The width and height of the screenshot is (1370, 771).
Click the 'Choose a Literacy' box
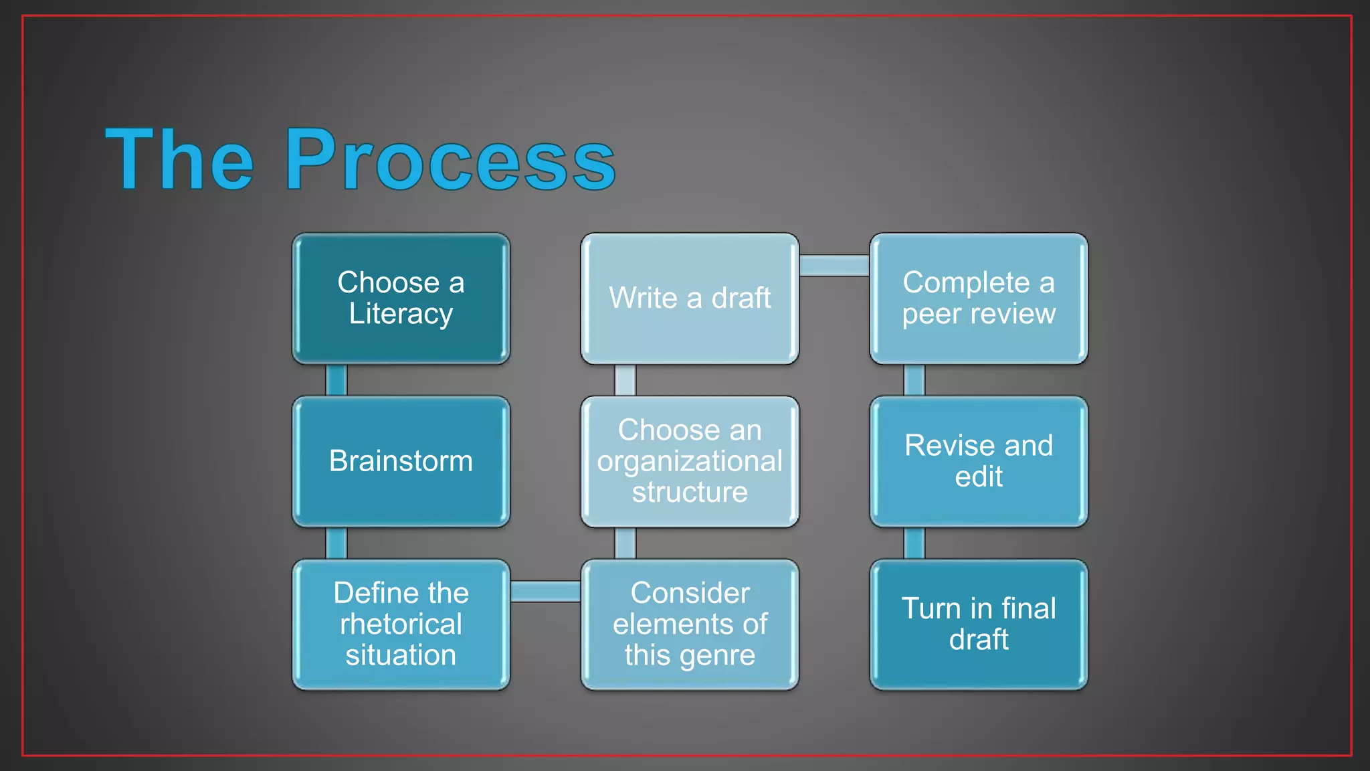(401, 298)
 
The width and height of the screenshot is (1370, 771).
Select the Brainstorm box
(401, 461)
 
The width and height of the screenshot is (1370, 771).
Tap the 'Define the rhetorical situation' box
(401, 624)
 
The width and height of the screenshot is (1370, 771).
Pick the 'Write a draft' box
(690, 298)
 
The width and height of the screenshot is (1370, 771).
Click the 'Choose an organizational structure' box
(690, 461)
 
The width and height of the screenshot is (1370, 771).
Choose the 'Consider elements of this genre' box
(690, 624)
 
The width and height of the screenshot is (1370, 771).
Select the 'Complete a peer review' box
(979, 298)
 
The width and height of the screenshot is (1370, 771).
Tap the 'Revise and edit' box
(979, 461)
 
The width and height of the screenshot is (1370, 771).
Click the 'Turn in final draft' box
(979, 624)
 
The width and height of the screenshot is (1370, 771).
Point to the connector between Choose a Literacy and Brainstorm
(336, 380)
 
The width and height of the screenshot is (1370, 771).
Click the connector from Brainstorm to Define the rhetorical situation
(336, 543)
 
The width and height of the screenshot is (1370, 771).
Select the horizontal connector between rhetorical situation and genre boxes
(545, 592)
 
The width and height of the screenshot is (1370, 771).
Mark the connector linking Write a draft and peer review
(834, 266)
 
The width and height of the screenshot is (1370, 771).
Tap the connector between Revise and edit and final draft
(914, 543)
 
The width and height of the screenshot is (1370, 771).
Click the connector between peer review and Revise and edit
(914, 380)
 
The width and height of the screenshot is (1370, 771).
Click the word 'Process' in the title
(450, 161)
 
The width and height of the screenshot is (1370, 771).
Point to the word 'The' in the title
(179, 161)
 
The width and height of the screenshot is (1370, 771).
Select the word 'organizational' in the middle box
(690, 462)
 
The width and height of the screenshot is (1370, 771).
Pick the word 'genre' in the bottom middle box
(717, 656)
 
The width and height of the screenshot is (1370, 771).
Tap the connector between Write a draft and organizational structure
(625, 380)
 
